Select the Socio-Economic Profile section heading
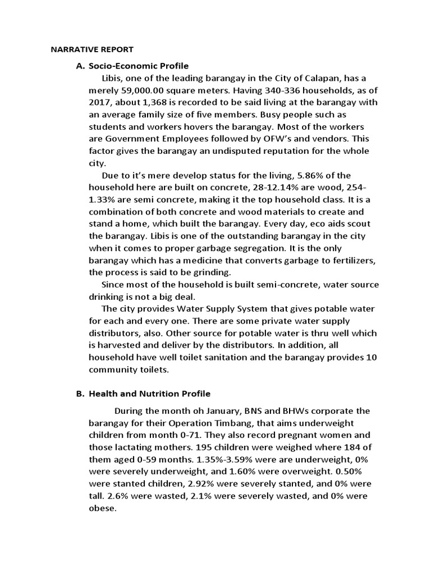pyautogui.click(x=139, y=66)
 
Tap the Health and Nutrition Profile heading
pyautogui.click(x=150, y=394)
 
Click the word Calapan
pyautogui.click(x=324, y=78)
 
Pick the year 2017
pyautogui.click(x=101, y=102)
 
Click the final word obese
pyautogui.click(x=102, y=508)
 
